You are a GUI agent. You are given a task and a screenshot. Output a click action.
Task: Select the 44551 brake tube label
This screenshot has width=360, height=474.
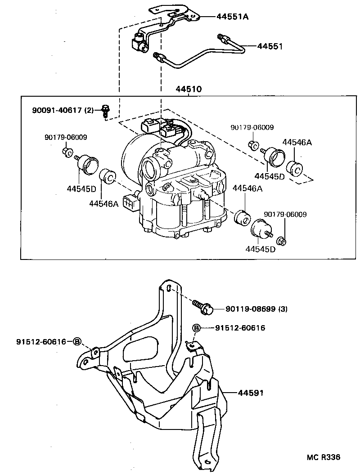(x=271, y=46)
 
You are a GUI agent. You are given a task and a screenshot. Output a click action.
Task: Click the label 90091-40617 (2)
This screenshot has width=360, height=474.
(x=63, y=109)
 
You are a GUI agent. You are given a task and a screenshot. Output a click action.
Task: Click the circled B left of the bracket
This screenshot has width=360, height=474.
(x=77, y=342)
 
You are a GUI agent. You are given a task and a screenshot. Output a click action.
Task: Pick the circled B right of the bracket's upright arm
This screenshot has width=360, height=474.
(x=196, y=328)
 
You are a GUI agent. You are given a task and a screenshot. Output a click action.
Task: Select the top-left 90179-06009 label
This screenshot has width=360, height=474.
(x=66, y=138)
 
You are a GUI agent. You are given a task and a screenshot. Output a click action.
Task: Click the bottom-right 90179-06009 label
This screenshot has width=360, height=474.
(x=285, y=215)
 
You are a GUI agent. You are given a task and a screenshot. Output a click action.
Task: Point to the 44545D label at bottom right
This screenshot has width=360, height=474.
(x=260, y=249)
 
